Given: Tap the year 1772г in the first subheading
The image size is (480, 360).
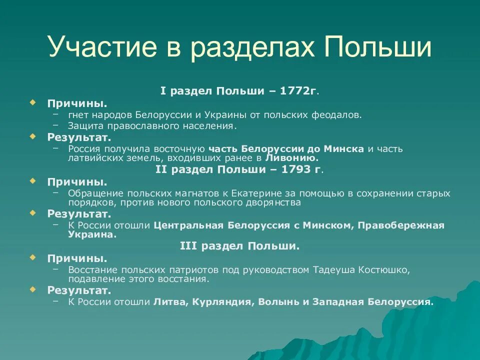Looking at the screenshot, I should tap(298, 91).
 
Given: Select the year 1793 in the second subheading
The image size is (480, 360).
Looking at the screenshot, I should tap(298, 169).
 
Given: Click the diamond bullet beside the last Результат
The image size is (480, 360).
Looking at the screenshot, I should tap(32, 289).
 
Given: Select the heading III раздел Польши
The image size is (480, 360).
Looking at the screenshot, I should tap(239, 246).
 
